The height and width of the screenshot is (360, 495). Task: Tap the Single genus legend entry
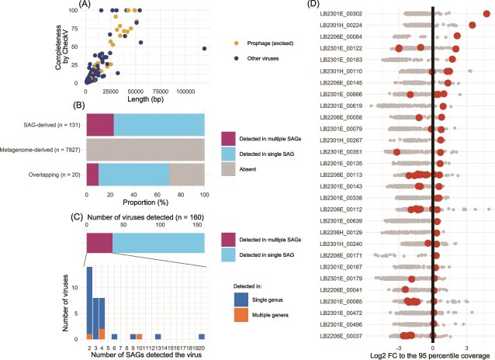(x=254, y=295)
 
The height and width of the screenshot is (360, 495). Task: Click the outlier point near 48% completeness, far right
(x=204, y=48)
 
